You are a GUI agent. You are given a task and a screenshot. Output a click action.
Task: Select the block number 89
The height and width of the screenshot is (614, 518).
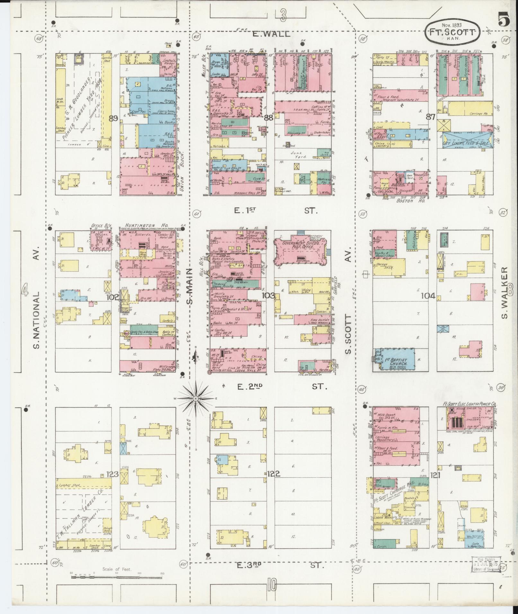(113, 118)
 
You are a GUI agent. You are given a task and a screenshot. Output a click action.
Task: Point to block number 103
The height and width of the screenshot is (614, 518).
(268, 295)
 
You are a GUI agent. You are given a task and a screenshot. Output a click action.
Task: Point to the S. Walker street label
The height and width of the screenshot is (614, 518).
(505, 293)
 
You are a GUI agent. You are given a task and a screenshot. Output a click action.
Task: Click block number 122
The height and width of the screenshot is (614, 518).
(273, 473)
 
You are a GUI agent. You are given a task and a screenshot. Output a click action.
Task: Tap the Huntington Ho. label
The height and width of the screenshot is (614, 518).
(140, 225)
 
